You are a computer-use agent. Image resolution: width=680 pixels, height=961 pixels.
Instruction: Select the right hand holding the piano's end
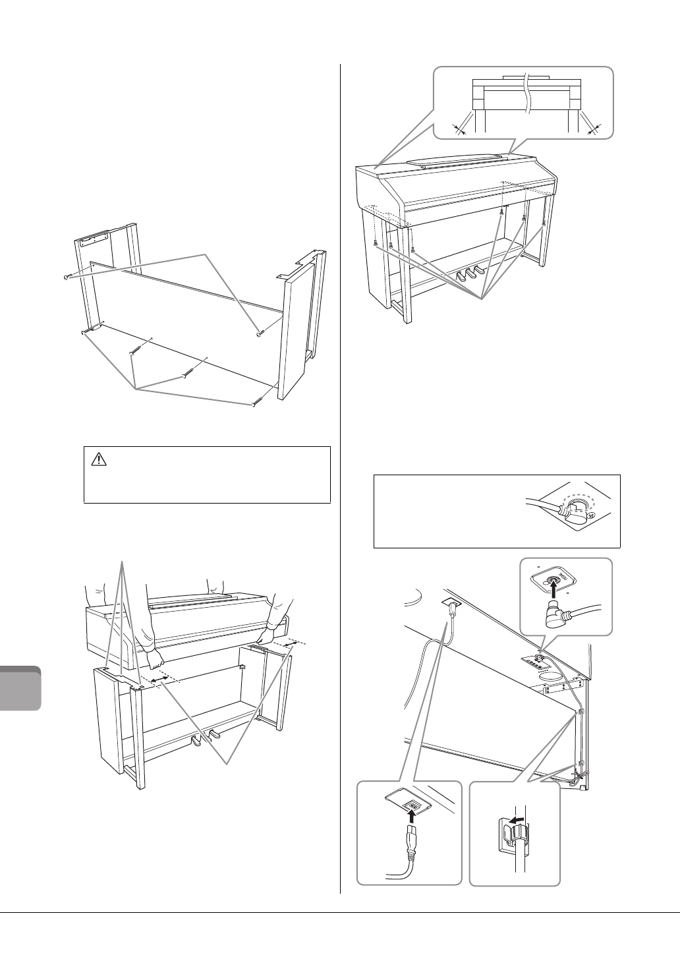[x=268, y=636]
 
